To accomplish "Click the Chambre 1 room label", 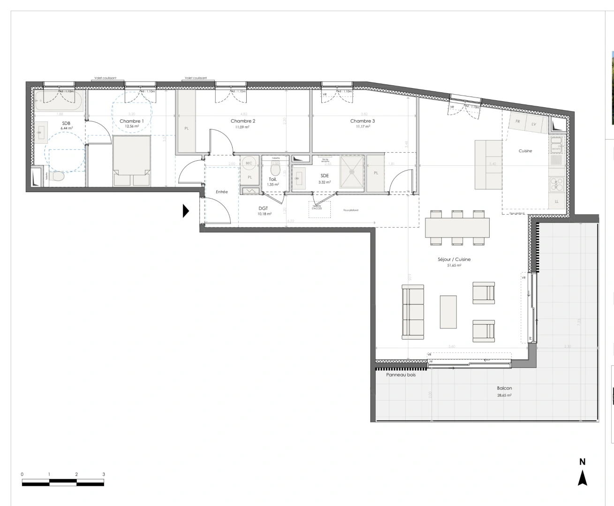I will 131,121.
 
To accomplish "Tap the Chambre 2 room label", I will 243,121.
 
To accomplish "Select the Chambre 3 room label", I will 362,121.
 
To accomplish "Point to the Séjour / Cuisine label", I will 454,259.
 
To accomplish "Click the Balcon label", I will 504,388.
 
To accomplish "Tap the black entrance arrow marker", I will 185,211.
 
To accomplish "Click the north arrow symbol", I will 582,478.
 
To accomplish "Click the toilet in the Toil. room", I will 275,170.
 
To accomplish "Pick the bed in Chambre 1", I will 131,160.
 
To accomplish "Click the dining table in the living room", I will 457,228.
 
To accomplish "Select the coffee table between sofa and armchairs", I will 448,311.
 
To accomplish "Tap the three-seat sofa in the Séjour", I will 413,312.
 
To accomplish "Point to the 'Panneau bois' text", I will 401,375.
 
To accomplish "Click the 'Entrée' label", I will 221,192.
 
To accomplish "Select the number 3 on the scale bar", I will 104,474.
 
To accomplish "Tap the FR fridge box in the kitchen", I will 518,122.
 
